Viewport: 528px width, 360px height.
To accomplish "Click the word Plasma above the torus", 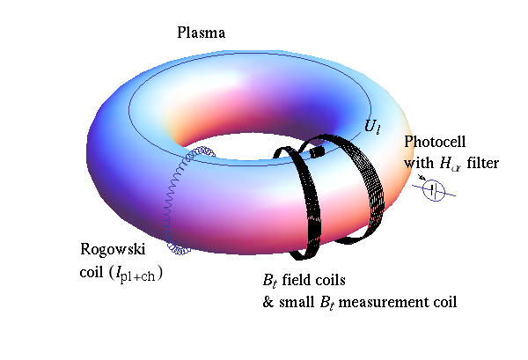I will click(202, 33).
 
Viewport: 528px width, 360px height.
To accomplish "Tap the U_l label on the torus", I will click(373, 127).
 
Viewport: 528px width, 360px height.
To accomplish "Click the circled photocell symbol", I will click(436, 191).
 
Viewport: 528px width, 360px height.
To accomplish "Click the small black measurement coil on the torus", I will click(318, 151).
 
